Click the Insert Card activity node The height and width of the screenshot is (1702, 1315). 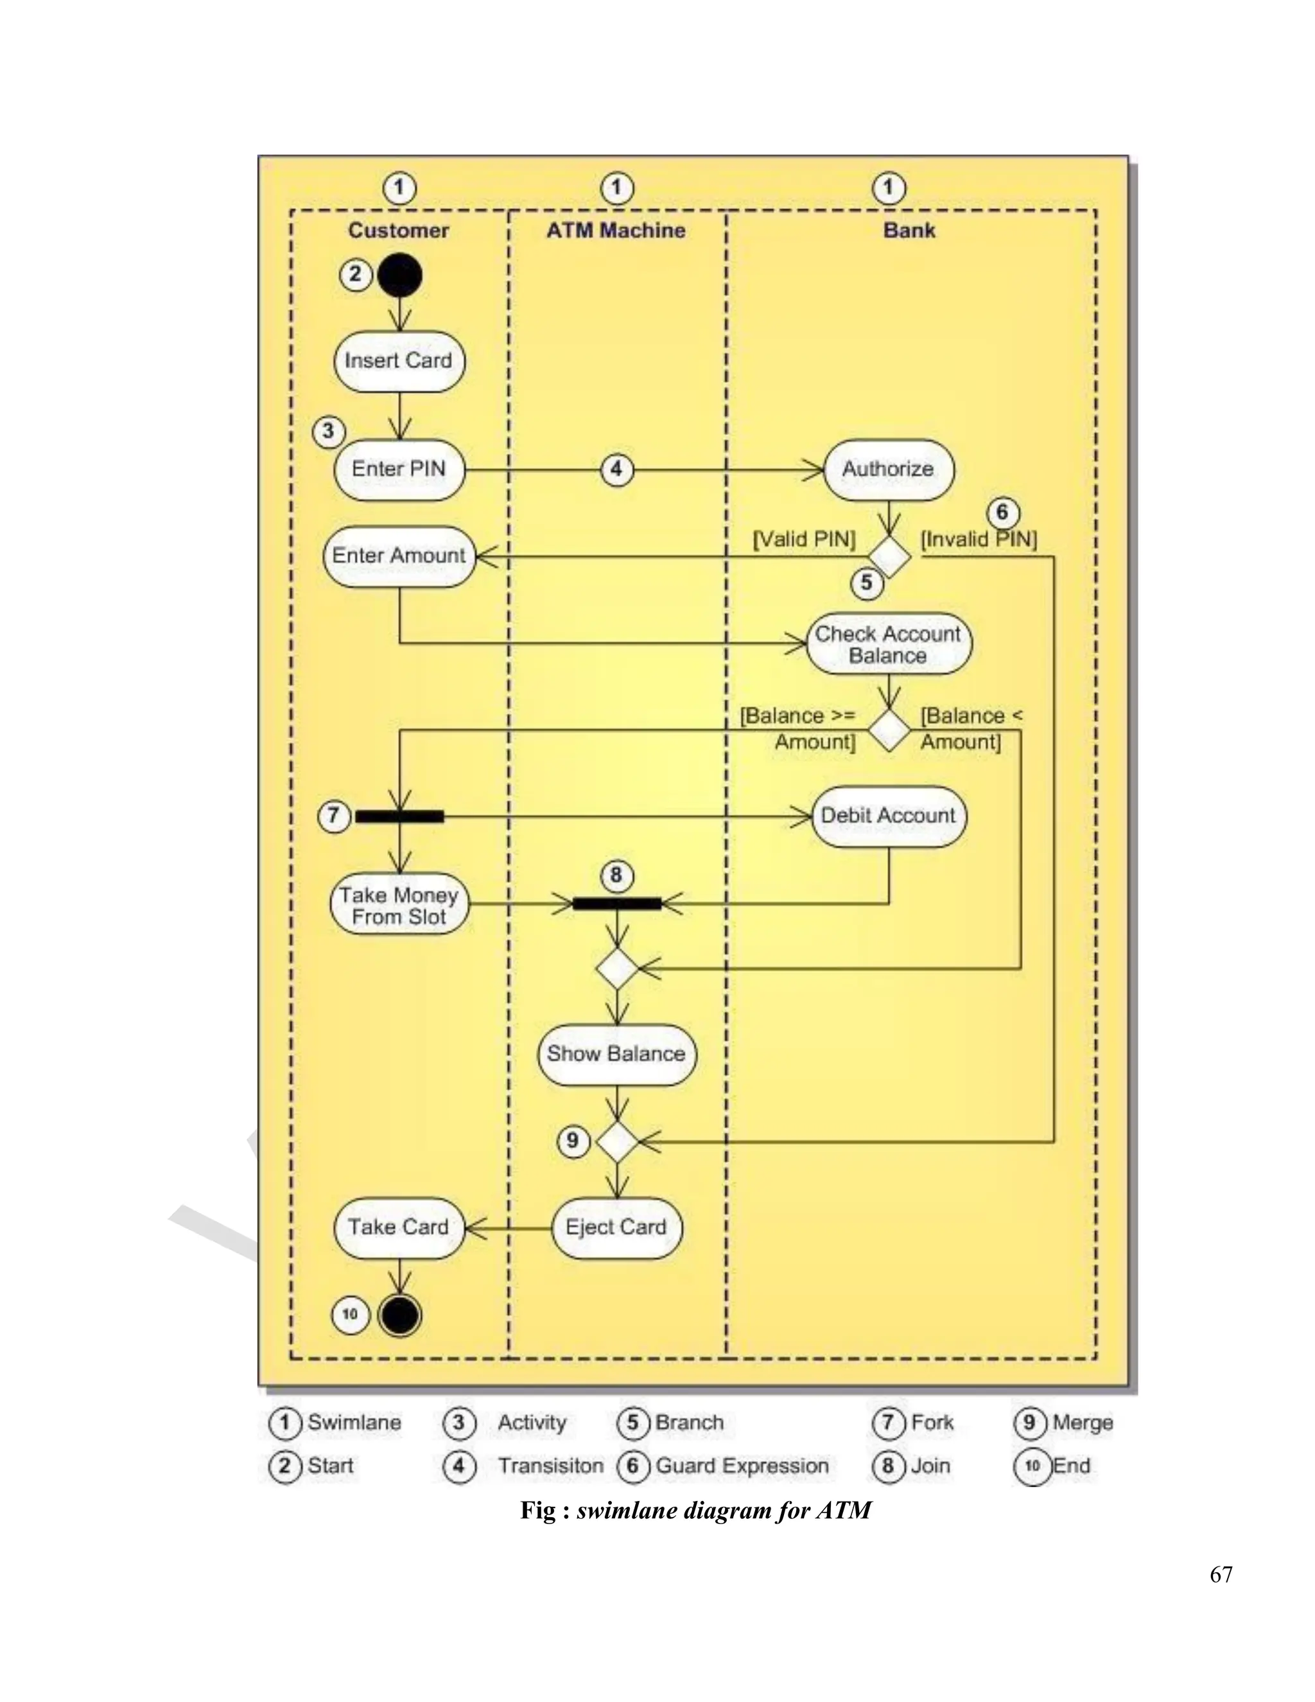[x=399, y=362]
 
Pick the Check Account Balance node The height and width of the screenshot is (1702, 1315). [x=888, y=644]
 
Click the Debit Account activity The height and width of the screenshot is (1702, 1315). [x=888, y=816]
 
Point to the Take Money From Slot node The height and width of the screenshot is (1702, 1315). [x=399, y=904]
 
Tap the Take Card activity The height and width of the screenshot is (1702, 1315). [x=399, y=1227]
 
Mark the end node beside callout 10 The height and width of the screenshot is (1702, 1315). [x=399, y=1315]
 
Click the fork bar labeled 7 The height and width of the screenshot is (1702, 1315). [x=399, y=816]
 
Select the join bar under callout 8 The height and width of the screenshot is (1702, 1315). [x=617, y=904]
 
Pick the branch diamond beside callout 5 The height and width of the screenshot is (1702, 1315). [x=889, y=556]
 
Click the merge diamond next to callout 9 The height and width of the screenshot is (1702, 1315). [x=617, y=1142]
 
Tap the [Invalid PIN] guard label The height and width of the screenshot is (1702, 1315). [x=979, y=540]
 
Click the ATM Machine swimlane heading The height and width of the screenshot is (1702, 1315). [x=615, y=231]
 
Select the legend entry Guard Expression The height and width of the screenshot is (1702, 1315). [x=742, y=1466]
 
